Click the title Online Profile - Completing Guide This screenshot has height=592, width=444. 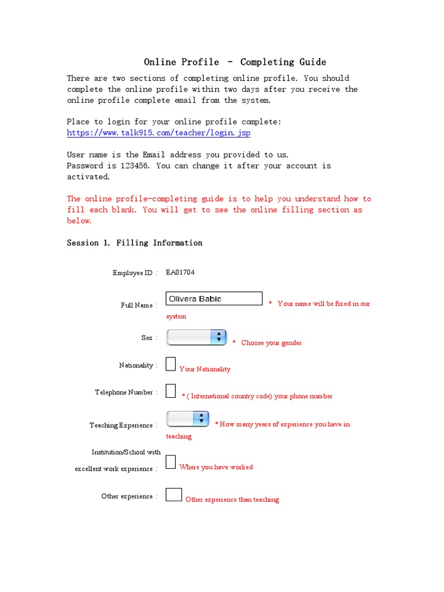pyautogui.click(x=235, y=62)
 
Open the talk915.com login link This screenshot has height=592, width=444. pyautogui.click(x=158, y=133)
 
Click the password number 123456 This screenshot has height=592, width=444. pyautogui.click(x=135, y=166)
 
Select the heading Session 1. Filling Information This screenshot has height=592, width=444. pyautogui.click(x=135, y=243)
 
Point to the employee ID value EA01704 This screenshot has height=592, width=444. pyautogui.click(x=180, y=272)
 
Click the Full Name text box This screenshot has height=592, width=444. pyautogui.click(x=214, y=299)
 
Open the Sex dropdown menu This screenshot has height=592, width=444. pyautogui.click(x=196, y=338)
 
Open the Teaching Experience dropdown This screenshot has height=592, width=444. pyautogui.click(x=187, y=419)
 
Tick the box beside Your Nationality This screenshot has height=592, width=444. pyautogui.click(x=171, y=364)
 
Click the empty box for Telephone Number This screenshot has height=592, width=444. pyautogui.click(x=171, y=391)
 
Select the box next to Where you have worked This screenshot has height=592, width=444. pyautogui.click(x=171, y=461)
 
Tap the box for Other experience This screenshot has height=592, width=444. pyautogui.click(x=173, y=494)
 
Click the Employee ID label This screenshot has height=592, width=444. pyautogui.click(x=133, y=273)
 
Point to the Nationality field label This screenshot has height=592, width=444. pyautogui.click(x=136, y=365)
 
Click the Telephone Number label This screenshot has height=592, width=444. pyautogui.click(x=124, y=393)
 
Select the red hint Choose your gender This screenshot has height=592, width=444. pyautogui.click(x=271, y=343)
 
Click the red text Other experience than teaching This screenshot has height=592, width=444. pyautogui.click(x=232, y=499)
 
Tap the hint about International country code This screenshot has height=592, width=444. pyautogui.click(x=257, y=397)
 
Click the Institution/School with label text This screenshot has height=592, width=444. pyautogui.click(x=126, y=452)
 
